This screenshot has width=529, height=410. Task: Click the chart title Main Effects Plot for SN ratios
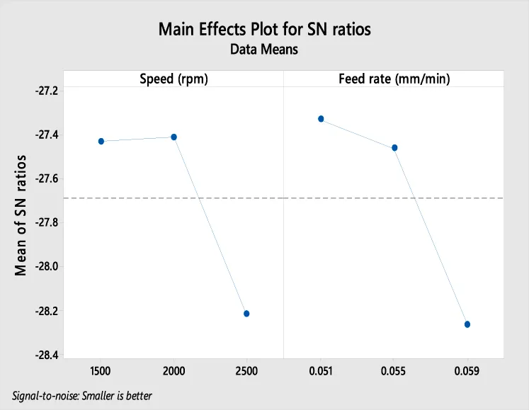tap(265, 30)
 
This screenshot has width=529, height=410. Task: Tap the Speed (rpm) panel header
tap(174, 79)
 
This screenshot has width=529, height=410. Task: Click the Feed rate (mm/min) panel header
tap(394, 79)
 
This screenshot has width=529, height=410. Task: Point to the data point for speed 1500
tap(101, 142)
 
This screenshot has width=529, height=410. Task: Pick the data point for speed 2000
tap(174, 137)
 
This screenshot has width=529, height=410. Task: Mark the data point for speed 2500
tap(246, 314)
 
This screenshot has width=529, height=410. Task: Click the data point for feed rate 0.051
tap(321, 119)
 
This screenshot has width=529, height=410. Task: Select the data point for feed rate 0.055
tap(394, 147)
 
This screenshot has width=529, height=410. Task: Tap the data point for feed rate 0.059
tap(467, 324)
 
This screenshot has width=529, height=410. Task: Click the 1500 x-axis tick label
tap(101, 371)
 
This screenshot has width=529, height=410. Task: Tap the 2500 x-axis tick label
tap(246, 371)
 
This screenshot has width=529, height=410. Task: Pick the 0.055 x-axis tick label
tap(394, 371)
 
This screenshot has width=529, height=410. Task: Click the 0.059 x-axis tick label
tap(467, 371)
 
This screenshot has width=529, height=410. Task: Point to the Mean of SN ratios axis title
tap(21, 215)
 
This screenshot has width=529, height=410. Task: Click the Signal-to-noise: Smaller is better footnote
tap(82, 395)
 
